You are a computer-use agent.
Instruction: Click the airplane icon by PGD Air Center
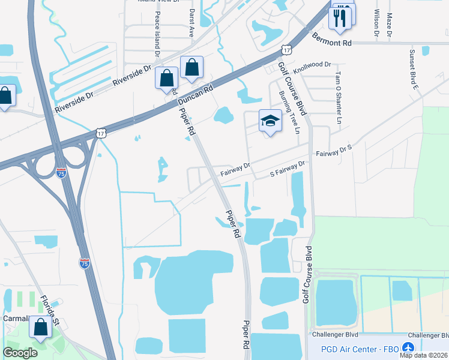pos(409,347)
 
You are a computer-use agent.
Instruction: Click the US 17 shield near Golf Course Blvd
pos(288,50)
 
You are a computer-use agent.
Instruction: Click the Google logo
pos(20,352)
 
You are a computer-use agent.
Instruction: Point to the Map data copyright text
pos(424,355)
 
